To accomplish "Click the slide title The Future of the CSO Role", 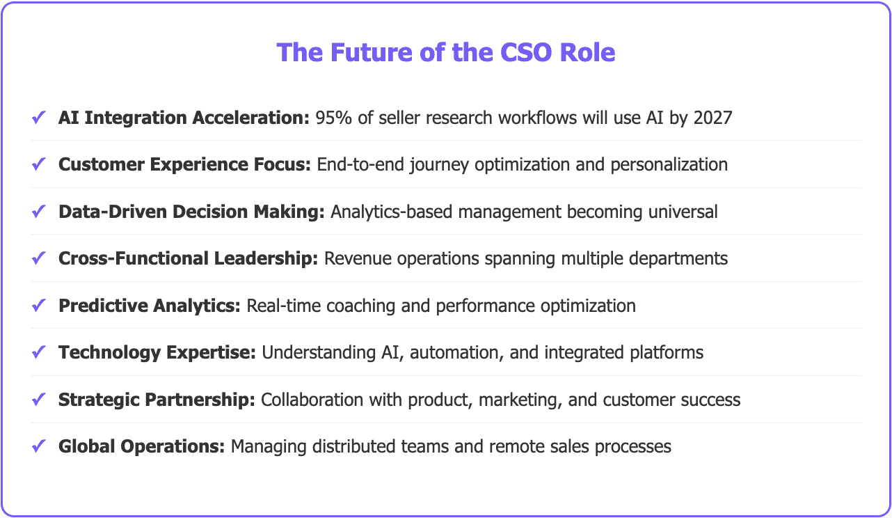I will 446,52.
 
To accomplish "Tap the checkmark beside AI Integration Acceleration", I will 39,118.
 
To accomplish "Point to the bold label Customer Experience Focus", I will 184,164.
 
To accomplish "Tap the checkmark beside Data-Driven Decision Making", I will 39,212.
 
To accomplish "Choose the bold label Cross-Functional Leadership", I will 188,258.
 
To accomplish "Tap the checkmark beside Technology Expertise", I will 39,353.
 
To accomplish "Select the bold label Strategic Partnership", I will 157,400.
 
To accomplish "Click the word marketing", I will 518,400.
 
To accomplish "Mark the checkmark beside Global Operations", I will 39,447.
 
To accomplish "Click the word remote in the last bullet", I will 484,447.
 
